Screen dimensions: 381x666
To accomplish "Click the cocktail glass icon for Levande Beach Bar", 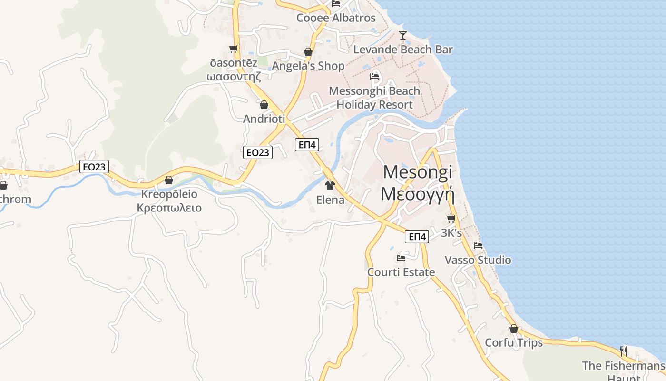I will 403,35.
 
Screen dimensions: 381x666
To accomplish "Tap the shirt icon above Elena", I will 330,185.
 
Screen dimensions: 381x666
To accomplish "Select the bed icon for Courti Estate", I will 401,258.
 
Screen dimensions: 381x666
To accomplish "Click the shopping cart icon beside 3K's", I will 451,219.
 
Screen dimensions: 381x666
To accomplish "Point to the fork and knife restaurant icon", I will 623,351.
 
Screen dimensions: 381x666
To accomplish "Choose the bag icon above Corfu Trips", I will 513,329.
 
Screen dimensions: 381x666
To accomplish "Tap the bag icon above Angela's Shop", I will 308,52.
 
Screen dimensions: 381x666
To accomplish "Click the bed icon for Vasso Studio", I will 478,246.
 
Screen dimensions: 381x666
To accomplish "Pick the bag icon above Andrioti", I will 264,105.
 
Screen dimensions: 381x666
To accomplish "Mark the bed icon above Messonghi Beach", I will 374,76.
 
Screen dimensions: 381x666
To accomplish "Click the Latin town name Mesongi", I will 417,172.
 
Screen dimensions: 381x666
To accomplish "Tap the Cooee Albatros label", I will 336,18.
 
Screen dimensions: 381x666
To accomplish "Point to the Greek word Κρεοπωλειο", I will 169,208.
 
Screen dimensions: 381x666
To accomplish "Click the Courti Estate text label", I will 401,272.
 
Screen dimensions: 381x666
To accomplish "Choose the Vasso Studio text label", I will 478,260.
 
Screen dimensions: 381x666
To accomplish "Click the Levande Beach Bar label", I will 403,50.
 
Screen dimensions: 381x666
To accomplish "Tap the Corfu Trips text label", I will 513,343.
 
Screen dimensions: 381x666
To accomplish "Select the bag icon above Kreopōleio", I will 169,180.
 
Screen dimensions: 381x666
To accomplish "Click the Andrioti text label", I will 264,119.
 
